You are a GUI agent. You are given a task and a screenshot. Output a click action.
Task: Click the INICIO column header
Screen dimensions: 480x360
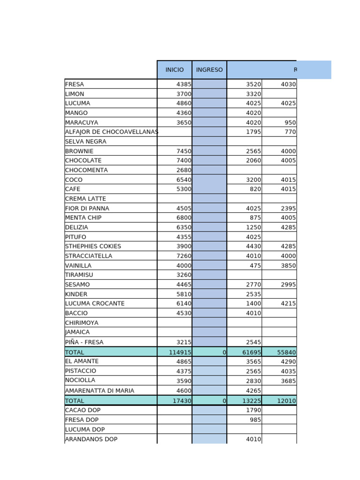click(x=174, y=70)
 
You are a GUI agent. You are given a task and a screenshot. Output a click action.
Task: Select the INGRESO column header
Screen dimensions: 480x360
click(x=209, y=70)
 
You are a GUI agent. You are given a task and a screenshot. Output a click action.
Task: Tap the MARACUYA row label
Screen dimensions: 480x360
click(x=82, y=122)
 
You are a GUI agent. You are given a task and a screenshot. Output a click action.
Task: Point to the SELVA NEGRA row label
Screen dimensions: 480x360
click(x=86, y=142)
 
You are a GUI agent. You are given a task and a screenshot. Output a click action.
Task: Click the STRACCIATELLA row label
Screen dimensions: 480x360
click(x=89, y=256)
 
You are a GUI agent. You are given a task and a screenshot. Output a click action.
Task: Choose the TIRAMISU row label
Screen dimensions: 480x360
click(x=79, y=275)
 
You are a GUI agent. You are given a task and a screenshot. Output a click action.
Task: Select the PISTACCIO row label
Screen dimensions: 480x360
click(x=81, y=371)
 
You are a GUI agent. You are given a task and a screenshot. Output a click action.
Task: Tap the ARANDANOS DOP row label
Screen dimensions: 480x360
click(x=91, y=439)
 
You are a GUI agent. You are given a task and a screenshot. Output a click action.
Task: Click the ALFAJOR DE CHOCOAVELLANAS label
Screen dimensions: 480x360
click(x=112, y=132)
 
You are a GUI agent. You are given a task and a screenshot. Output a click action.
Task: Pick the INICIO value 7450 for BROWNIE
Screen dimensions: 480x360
click(x=180, y=151)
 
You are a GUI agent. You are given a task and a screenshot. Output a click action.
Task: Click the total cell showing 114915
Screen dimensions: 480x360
click(x=178, y=352)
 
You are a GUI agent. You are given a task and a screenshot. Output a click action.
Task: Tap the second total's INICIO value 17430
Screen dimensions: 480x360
click(x=180, y=401)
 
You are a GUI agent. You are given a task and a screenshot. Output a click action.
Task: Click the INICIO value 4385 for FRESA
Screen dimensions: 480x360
click(x=180, y=84)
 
